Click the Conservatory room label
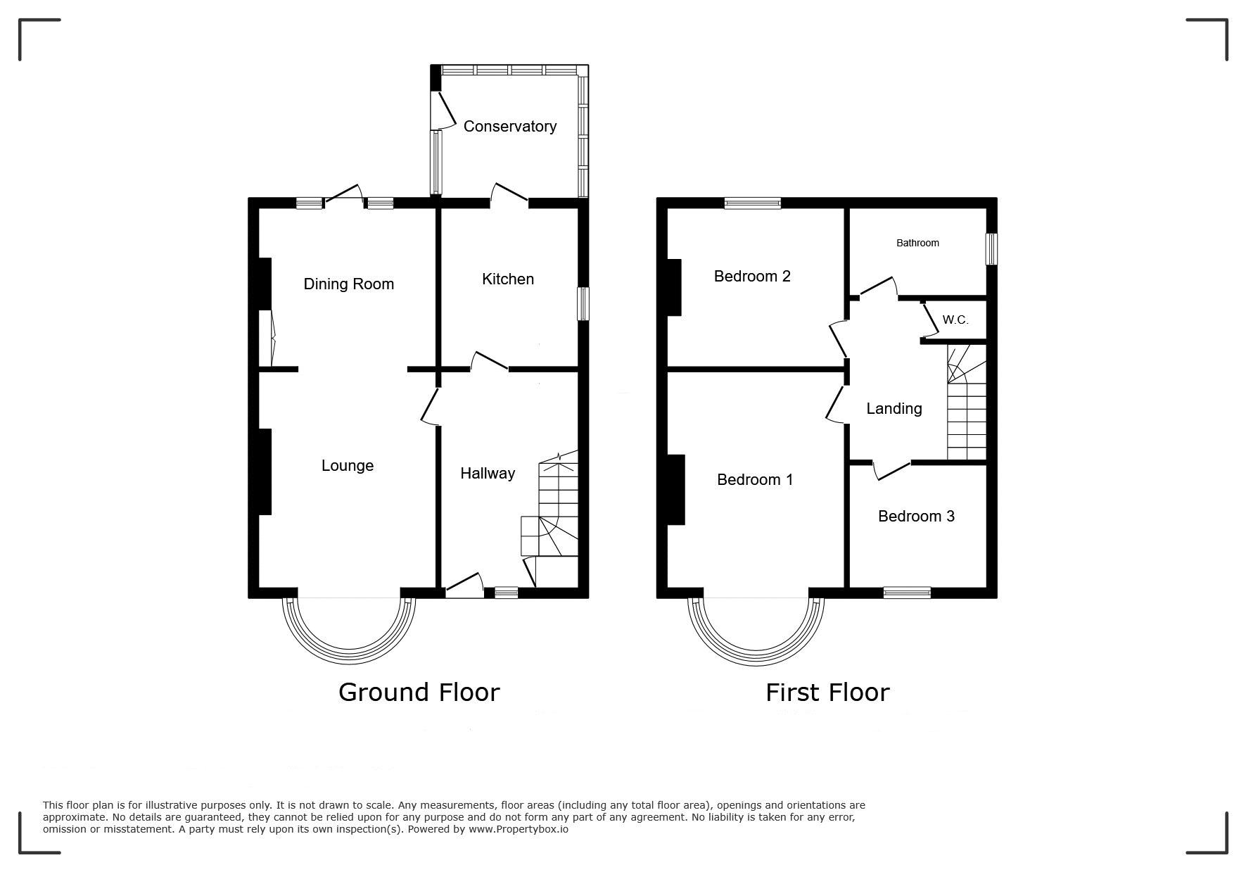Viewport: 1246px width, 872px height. point(510,127)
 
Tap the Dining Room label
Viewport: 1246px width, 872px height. point(348,284)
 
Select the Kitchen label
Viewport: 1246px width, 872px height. point(508,279)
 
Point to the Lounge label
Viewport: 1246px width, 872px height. point(348,466)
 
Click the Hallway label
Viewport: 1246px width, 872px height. point(488,474)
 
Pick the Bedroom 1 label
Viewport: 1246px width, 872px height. point(755,480)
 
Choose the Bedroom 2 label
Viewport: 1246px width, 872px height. point(752,277)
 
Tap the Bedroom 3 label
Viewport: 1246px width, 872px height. point(916,517)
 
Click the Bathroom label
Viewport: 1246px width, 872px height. point(917,244)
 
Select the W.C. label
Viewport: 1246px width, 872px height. point(955,320)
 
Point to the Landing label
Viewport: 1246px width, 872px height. point(894,409)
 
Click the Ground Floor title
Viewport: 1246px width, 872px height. point(419,693)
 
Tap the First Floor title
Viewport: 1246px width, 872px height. point(827,693)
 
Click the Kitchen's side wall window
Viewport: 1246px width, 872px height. point(583,304)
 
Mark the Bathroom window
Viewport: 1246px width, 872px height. point(992,249)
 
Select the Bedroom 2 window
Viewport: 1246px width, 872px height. point(753,203)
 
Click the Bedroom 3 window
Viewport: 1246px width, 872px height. point(907,593)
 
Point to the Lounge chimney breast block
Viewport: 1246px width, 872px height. point(265,472)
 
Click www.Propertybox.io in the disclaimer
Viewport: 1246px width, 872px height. point(519,829)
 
